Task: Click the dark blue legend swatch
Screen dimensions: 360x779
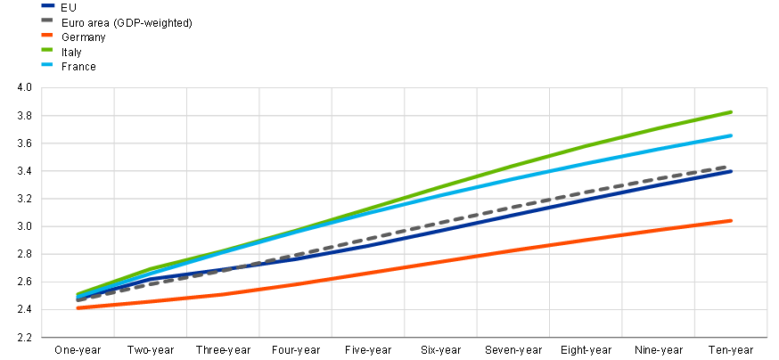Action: coord(47,5)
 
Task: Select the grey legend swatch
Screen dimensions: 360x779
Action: coord(47,20)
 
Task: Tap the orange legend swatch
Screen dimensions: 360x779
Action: coord(47,35)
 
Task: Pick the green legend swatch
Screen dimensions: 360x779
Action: coord(47,49)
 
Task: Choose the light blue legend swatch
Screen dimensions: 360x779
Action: coord(47,64)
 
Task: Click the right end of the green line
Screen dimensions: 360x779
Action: coord(732,111)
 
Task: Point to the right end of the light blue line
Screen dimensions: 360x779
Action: coord(732,135)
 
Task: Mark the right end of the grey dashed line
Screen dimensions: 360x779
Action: coord(730,167)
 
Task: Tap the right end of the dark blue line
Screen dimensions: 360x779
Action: coord(732,171)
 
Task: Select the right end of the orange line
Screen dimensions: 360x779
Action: coord(732,220)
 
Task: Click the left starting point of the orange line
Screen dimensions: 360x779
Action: coord(78,307)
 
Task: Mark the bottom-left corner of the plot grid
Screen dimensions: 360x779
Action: coord(42,338)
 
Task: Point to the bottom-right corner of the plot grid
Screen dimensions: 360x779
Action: coord(767,338)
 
